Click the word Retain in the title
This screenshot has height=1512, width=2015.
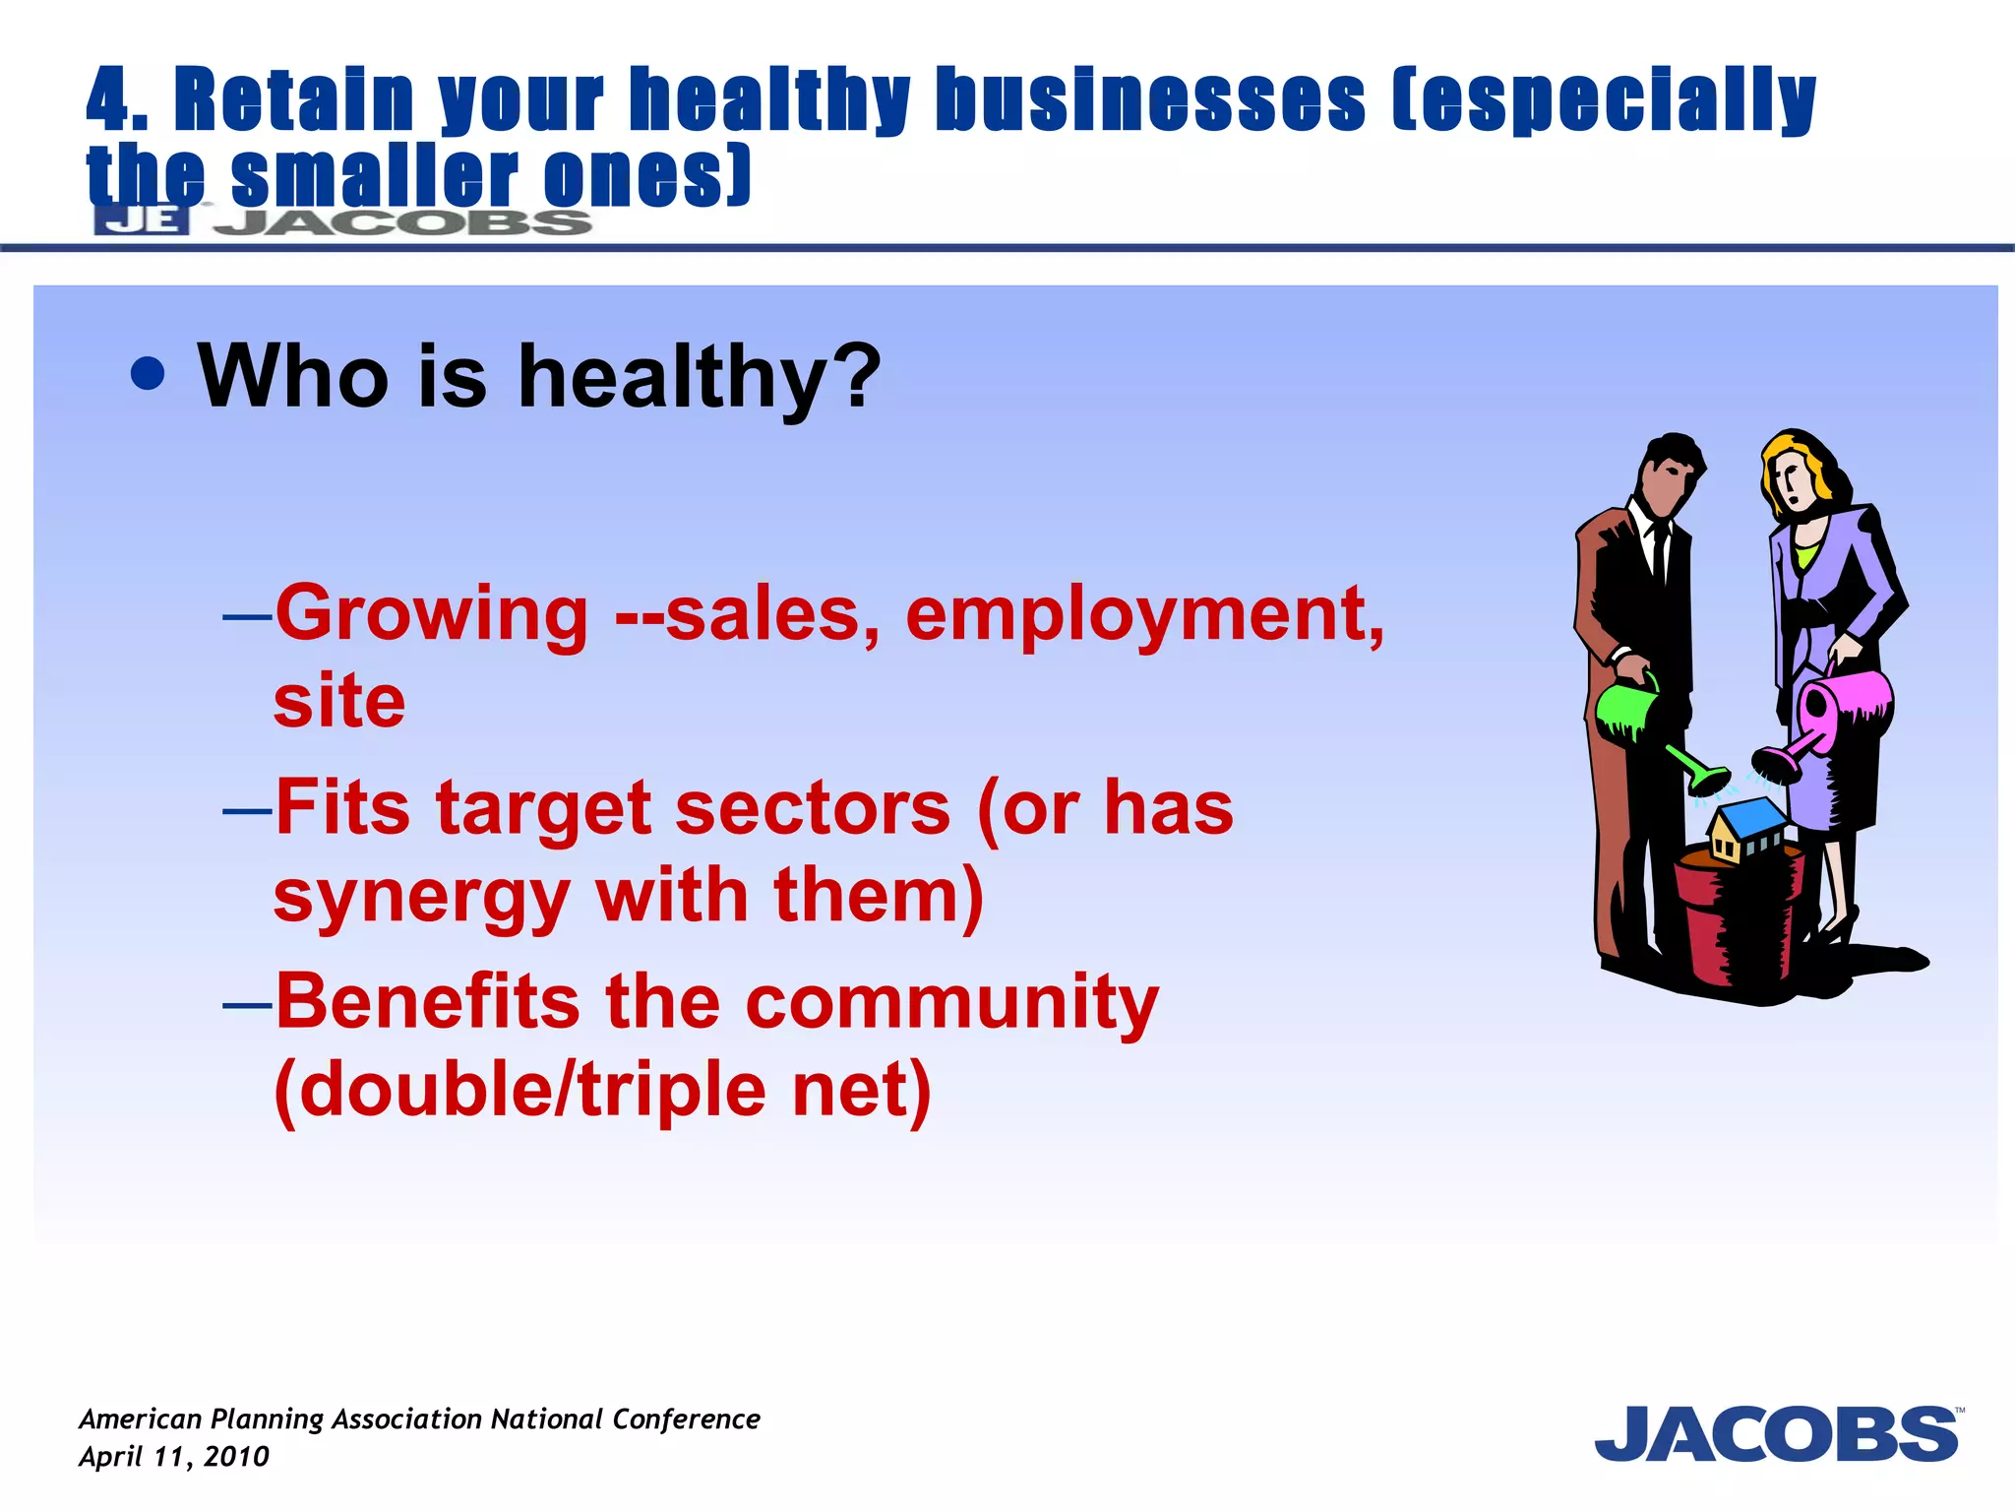293,100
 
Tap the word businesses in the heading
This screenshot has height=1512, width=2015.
1149,100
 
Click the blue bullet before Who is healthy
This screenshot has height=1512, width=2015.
148,374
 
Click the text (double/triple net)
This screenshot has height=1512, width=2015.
602,1091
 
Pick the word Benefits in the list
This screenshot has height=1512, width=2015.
427,1002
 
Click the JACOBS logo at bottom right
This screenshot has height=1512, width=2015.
1777,1434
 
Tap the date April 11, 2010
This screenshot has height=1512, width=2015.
174,1457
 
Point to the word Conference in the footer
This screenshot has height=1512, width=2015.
686,1418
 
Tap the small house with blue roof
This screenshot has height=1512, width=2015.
1746,829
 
